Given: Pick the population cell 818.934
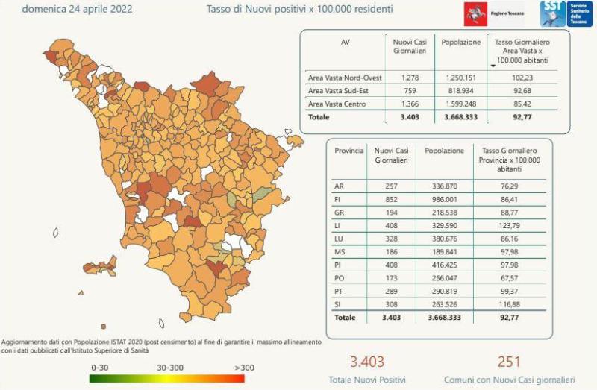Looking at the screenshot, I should tap(460, 90).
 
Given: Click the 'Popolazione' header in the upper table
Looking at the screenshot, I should tap(460, 43).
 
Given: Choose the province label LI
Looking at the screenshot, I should tap(340, 224).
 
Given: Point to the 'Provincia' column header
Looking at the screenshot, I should tap(349, 151).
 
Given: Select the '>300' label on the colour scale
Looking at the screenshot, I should tap(245, 368).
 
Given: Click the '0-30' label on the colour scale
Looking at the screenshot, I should tap(101, 368).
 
